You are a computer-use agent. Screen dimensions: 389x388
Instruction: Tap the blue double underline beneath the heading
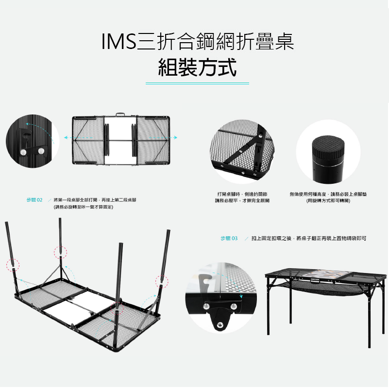point(197,83)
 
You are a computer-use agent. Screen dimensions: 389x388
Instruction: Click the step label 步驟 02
point(34,200)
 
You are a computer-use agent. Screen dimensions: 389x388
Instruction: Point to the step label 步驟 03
point(229,239)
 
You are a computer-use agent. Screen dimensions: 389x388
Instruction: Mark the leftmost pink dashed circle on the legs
point(13,264)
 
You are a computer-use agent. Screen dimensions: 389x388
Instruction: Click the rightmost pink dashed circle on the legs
point(161,282)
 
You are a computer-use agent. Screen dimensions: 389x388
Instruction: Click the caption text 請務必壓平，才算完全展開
point(242,200)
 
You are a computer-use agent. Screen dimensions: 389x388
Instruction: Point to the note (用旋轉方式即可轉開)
point(328,200)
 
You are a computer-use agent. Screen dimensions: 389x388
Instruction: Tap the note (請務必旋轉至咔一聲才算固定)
point(84,207)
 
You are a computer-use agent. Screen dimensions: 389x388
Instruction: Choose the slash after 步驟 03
point(247,239)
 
